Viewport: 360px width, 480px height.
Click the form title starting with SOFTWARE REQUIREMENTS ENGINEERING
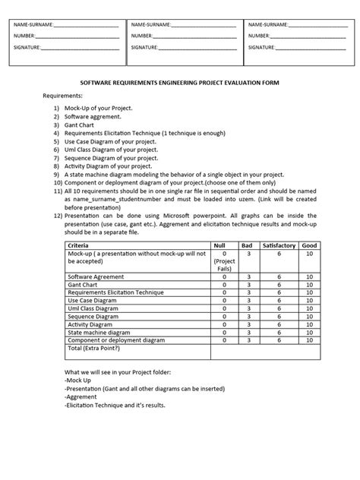[180, 86]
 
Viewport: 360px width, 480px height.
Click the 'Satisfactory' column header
[280, 247]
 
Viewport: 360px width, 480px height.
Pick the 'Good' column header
[309, 247]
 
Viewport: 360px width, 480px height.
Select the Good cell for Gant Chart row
[309, 285]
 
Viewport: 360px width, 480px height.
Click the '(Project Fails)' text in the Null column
[224, 265]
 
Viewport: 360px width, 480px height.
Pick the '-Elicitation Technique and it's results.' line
[115, 405]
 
